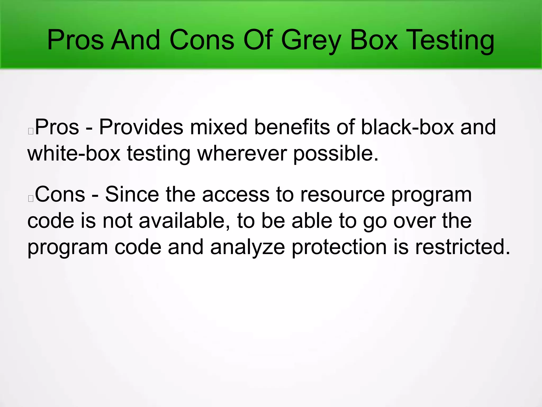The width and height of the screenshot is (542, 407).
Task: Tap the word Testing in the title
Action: click(x=450, y=40)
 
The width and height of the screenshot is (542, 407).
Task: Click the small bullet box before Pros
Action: click(x=31, y=131)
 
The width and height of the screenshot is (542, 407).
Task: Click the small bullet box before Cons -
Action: click(x=31, y=198)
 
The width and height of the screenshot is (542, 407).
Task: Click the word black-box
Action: click(x=407, y=127)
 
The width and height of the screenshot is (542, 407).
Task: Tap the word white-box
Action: click(x=74, y=153)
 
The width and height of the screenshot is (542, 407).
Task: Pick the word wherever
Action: click(x=242, y=153)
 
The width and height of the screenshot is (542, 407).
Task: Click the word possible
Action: click(x=336, y=153)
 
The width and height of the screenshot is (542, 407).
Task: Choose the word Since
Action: click(x=132, y=194)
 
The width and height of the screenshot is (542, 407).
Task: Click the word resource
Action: click(x=342, y=194)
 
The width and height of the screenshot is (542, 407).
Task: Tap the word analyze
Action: click(x=247, y=247)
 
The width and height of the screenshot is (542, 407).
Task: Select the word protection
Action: click(x=339, y=247)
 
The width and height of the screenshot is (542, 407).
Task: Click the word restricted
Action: click(x=462, y=247)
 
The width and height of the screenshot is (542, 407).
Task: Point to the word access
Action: click(x=236, y=194)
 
